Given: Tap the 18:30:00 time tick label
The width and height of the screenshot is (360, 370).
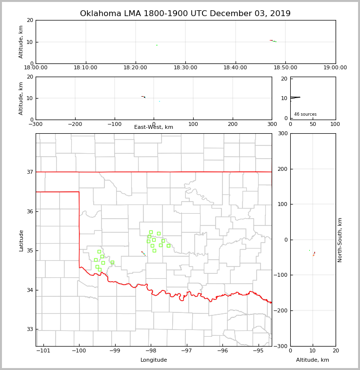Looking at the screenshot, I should coord(185,68).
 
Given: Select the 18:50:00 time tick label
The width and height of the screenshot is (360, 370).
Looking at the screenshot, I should coord(285,68).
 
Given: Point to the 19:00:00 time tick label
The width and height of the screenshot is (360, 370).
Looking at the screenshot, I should coord(335,68).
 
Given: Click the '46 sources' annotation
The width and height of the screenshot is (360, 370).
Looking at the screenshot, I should coord(305,114).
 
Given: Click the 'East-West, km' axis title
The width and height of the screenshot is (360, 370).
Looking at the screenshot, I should coord(154,127).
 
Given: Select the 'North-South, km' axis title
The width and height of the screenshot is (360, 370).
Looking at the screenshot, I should coord(340,240).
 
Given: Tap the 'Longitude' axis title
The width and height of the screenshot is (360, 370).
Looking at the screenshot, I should coord(154,360).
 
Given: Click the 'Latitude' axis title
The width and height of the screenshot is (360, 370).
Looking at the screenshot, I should coord(21,240).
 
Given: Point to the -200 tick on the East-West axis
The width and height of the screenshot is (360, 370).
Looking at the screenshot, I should coord(75,124).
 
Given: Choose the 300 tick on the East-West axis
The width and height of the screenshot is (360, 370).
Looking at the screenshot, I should coord(272,124).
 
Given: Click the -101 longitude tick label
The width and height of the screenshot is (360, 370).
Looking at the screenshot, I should coord(43,351).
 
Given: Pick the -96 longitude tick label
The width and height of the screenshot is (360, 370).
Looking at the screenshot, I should coord(222,351).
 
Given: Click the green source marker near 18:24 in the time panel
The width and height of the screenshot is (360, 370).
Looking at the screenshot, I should coord(157,45).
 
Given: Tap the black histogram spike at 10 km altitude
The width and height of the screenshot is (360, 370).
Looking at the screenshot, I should coord(295,98).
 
